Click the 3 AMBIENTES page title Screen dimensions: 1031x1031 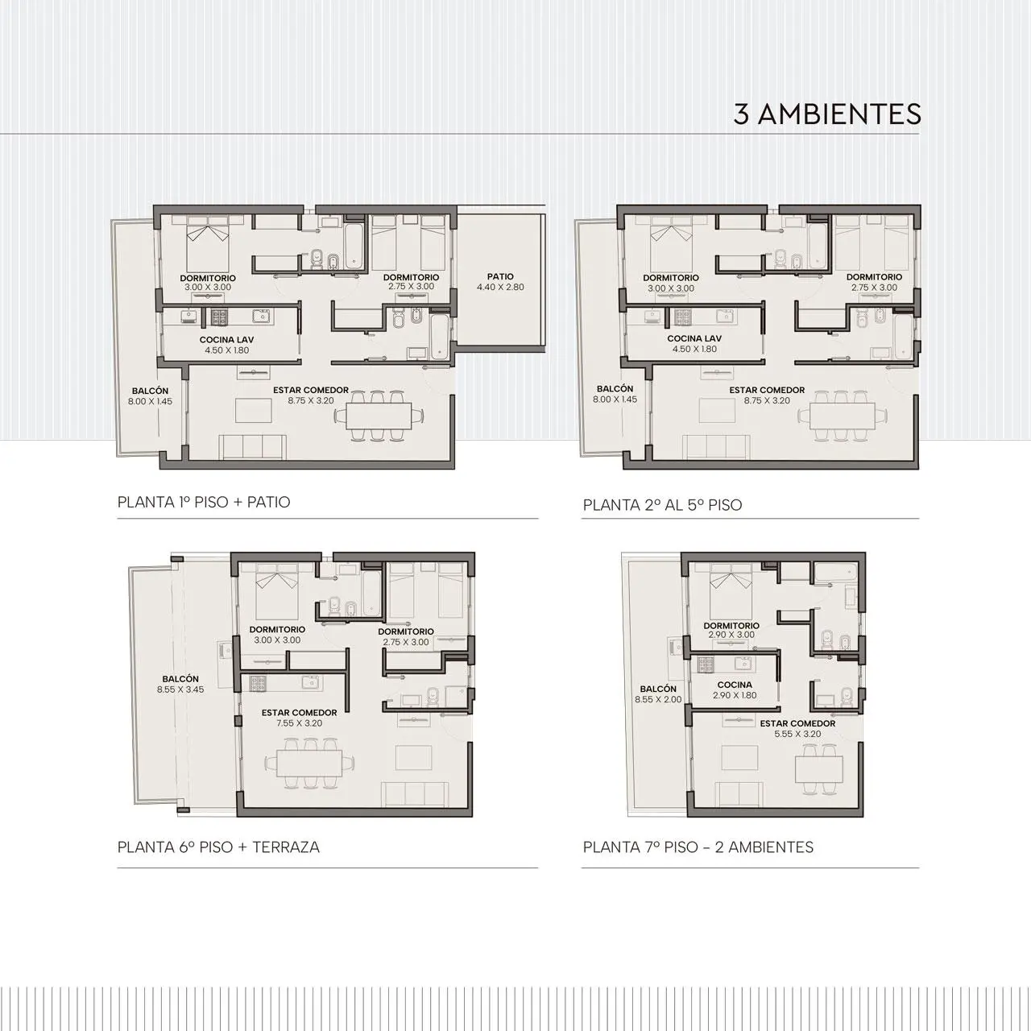[x=827, y=114]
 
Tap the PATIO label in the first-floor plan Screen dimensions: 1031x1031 [x=500, y=276]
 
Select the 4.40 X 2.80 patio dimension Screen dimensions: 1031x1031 [x=500, y=288]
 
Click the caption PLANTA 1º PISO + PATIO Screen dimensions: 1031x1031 [x=204, y=503]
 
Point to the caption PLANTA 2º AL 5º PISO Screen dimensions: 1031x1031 [x=662, y=505]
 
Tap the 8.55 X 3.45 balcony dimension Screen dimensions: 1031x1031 [x=180, y=689]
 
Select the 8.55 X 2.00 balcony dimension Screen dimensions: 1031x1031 [x=658, y=699]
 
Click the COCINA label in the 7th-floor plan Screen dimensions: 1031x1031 [x=735, y=685]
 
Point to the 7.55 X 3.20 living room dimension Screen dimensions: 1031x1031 [x=299, y=723]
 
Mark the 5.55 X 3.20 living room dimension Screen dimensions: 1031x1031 [x=797, y=734]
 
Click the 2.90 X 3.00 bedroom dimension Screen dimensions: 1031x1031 [x=731, y=635]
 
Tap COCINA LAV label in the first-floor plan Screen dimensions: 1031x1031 [x=226, y=340]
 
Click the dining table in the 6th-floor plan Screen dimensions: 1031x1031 [x=309, y=763]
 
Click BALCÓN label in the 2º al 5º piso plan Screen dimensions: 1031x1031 [x=615, y=389]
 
